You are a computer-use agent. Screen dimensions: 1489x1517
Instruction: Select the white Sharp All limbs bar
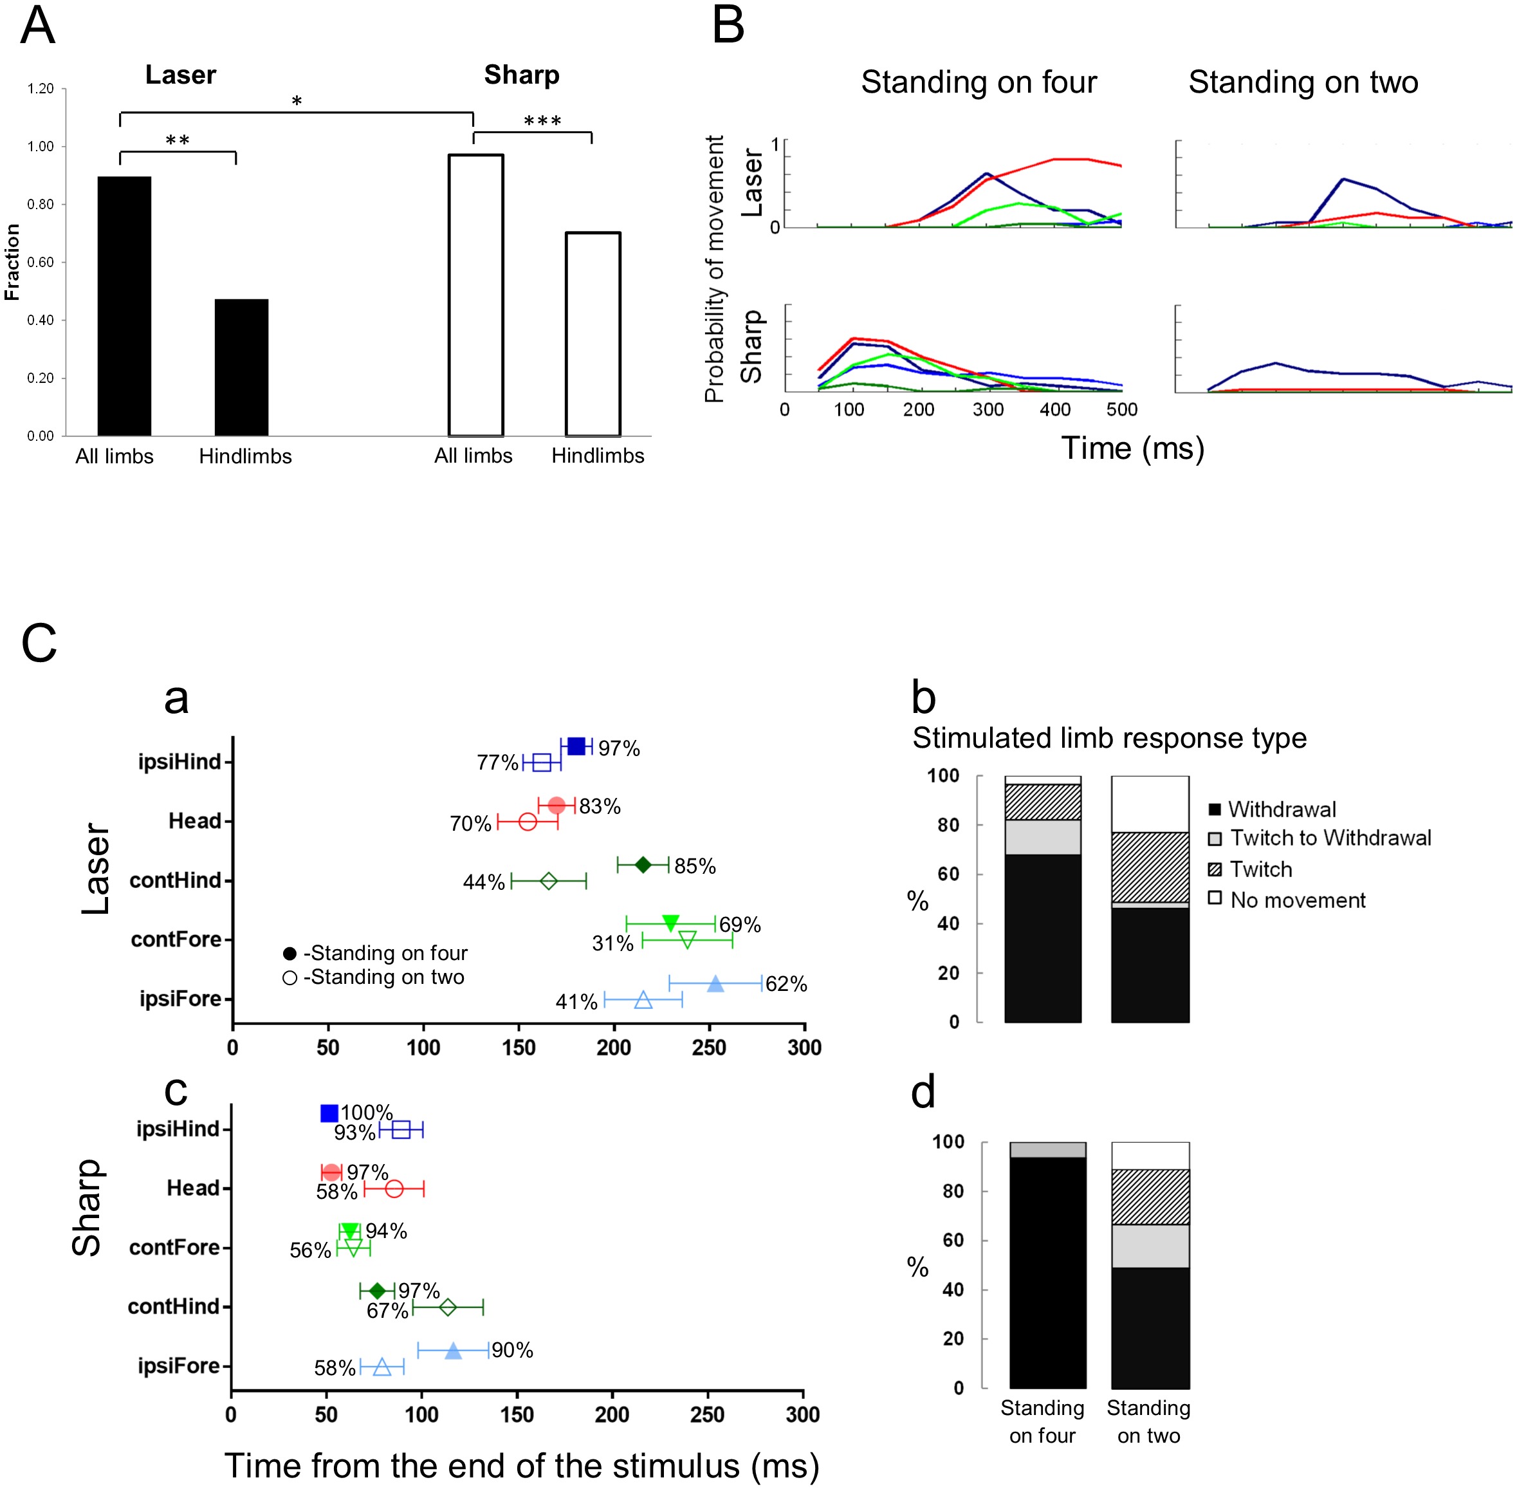(x=475, y=295)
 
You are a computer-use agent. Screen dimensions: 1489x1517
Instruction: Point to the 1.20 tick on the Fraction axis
(x=41, y=88)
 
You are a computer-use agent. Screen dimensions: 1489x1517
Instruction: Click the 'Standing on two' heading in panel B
(x=1303, y=82)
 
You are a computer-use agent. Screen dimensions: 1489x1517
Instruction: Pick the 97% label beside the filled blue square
(x=618, y=748)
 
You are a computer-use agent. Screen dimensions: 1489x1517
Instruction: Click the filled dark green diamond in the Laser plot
(x=643, y=864)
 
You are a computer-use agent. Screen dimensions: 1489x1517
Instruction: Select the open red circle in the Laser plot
(x=528, y=822)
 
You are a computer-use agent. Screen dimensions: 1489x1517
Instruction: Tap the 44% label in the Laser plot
(x=484, y=882)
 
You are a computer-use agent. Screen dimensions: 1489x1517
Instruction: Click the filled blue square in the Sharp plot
(x=329, y=1113)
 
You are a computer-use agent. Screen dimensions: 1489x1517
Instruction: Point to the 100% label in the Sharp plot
(x=366, y=1112)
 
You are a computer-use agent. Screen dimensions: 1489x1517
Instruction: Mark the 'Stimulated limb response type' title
(x=1109, y=738)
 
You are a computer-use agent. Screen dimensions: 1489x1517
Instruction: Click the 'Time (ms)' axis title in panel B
(x=1132, y=448)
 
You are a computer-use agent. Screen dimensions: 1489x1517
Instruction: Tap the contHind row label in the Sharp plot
(x=174, y=1306)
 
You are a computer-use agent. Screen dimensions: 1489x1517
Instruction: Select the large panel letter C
(x=39, y=643)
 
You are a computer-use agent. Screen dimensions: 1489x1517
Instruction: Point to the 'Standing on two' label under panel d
(x=1148, y=1421)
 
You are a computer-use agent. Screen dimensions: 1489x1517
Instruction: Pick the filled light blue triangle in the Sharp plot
(x=453, y=1351)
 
